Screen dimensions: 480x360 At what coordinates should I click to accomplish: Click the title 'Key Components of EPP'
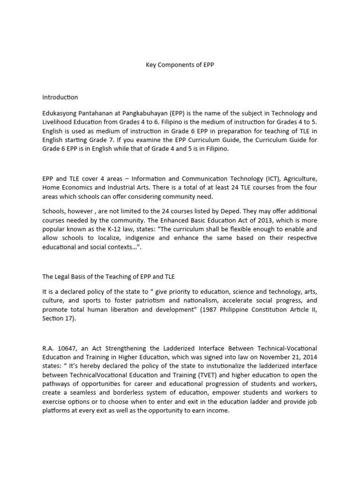click(180, 65)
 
